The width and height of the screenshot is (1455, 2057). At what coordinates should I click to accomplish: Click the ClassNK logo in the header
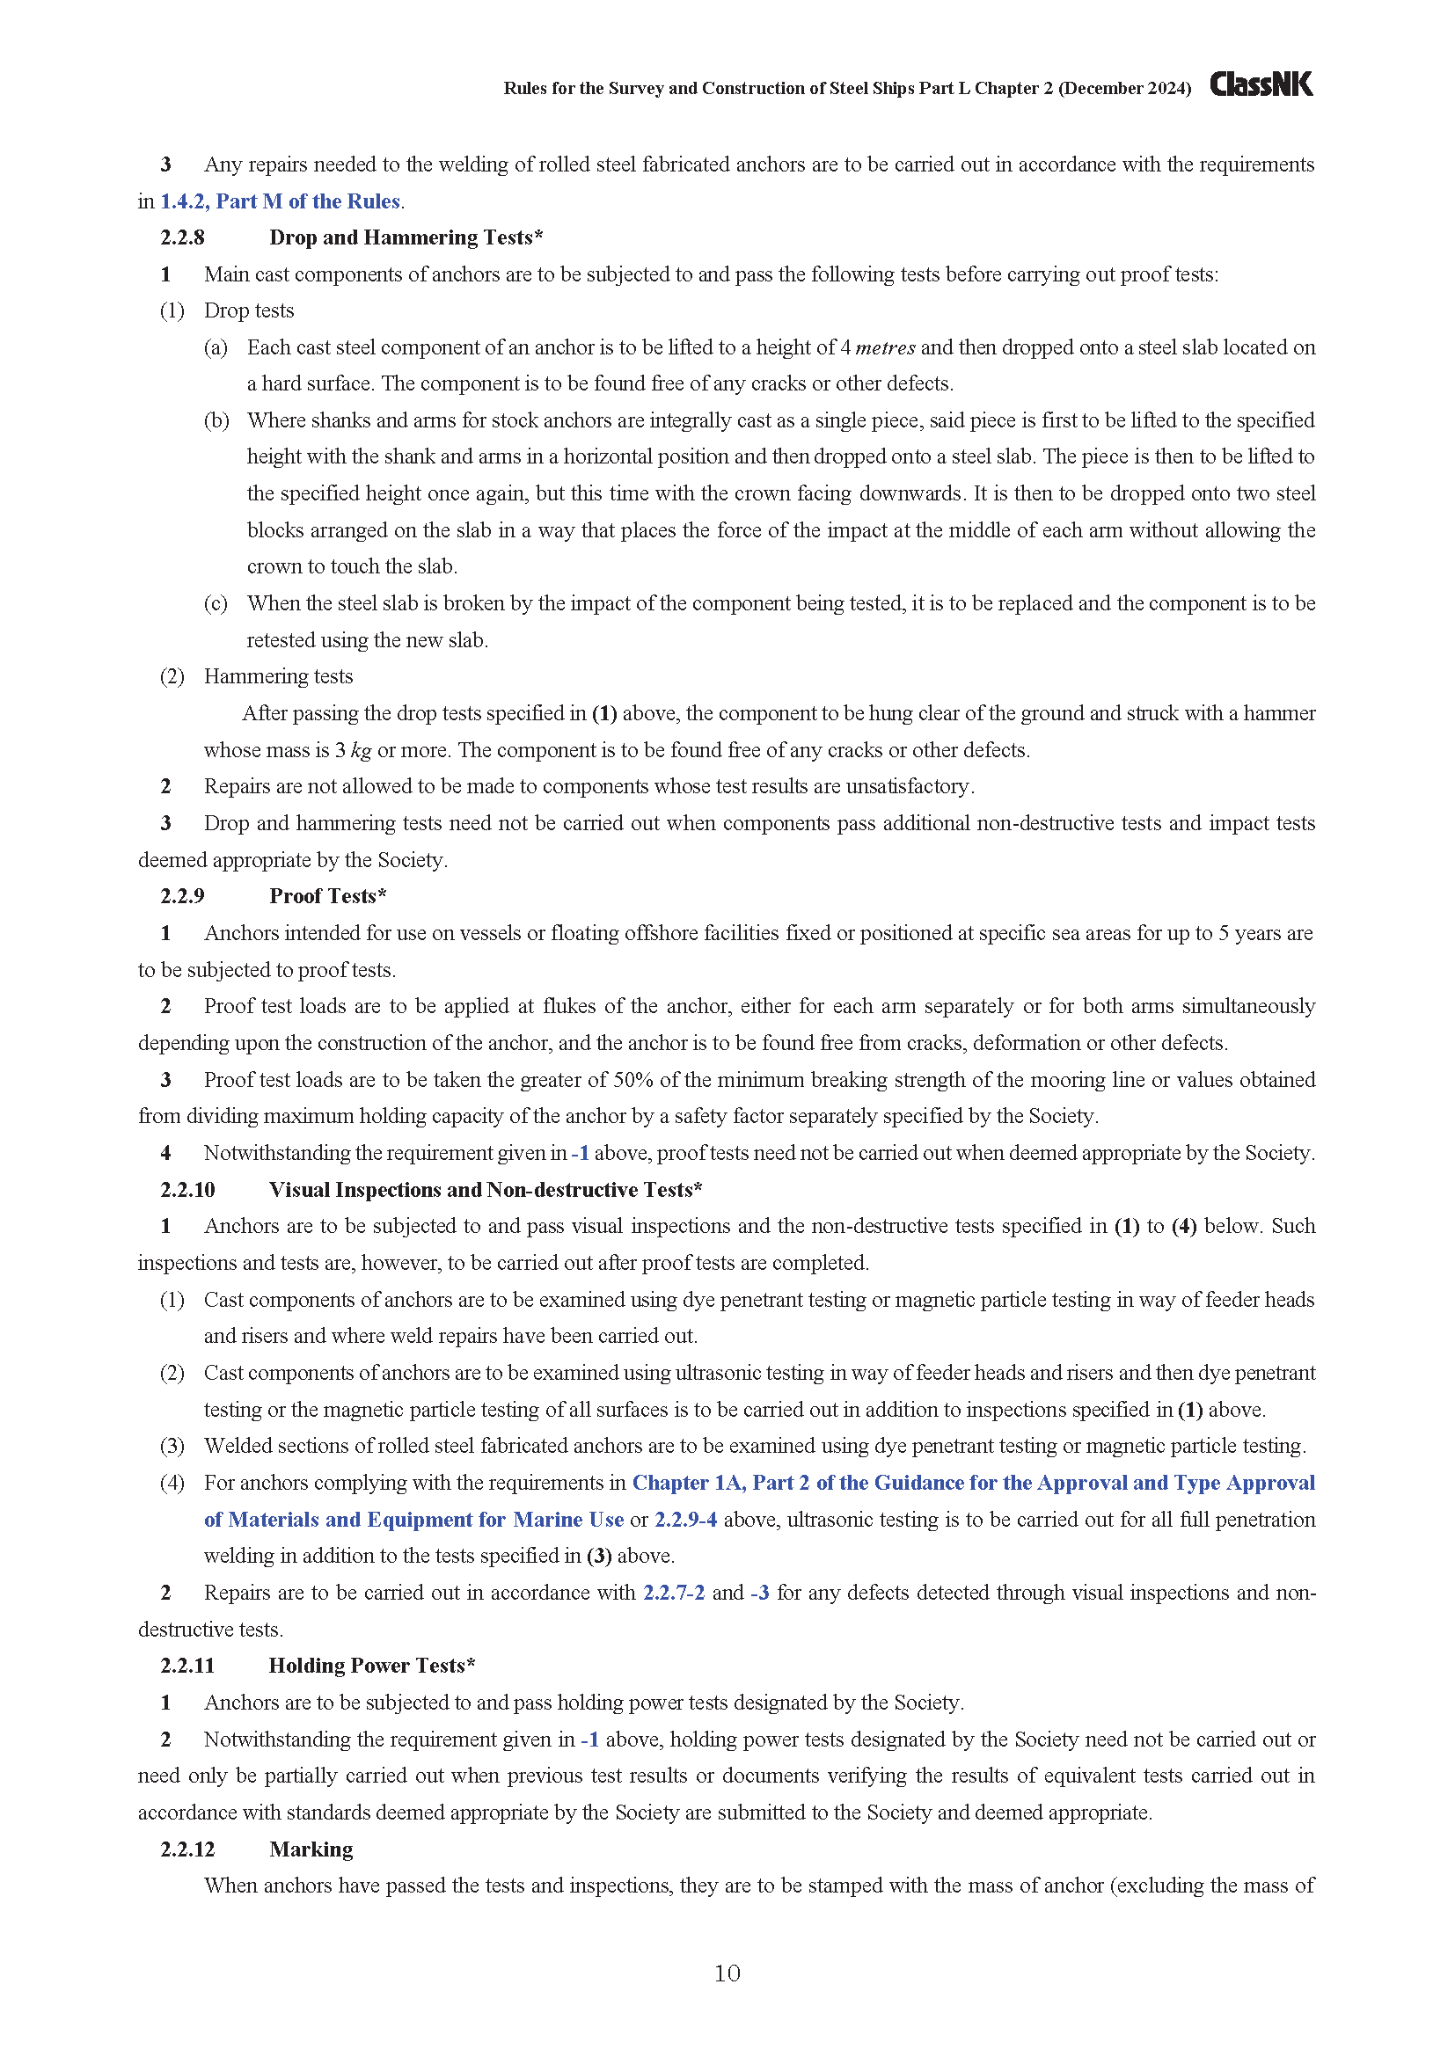(x=1261, y=84)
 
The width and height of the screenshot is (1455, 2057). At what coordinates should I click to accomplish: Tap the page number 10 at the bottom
(x=727, y=1973)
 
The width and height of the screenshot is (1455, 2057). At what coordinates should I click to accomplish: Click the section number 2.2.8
(x=182, y=237)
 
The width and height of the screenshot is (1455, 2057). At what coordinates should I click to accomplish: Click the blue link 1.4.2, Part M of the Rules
(x=280, y=201)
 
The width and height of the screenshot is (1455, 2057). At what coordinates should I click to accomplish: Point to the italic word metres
(x=885, y=347)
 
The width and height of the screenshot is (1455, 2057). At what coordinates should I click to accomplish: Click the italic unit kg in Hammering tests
(x=360, y=750)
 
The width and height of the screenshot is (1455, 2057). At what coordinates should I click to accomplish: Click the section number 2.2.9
(x=182, y=896)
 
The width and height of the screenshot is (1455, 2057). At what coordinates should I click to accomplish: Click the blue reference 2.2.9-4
(x=685, y=1520)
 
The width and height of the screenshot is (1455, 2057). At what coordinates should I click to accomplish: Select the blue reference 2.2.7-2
(x=674, y=1593)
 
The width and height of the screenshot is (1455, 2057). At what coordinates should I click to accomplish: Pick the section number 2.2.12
(x=187, y=1849)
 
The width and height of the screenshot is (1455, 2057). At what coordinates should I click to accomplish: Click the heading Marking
(x=311, y=1849)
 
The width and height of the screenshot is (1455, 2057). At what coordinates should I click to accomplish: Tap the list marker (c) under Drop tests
(x=215, y=603)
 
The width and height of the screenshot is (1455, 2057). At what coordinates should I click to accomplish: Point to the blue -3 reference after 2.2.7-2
(x=760, y=1593)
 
